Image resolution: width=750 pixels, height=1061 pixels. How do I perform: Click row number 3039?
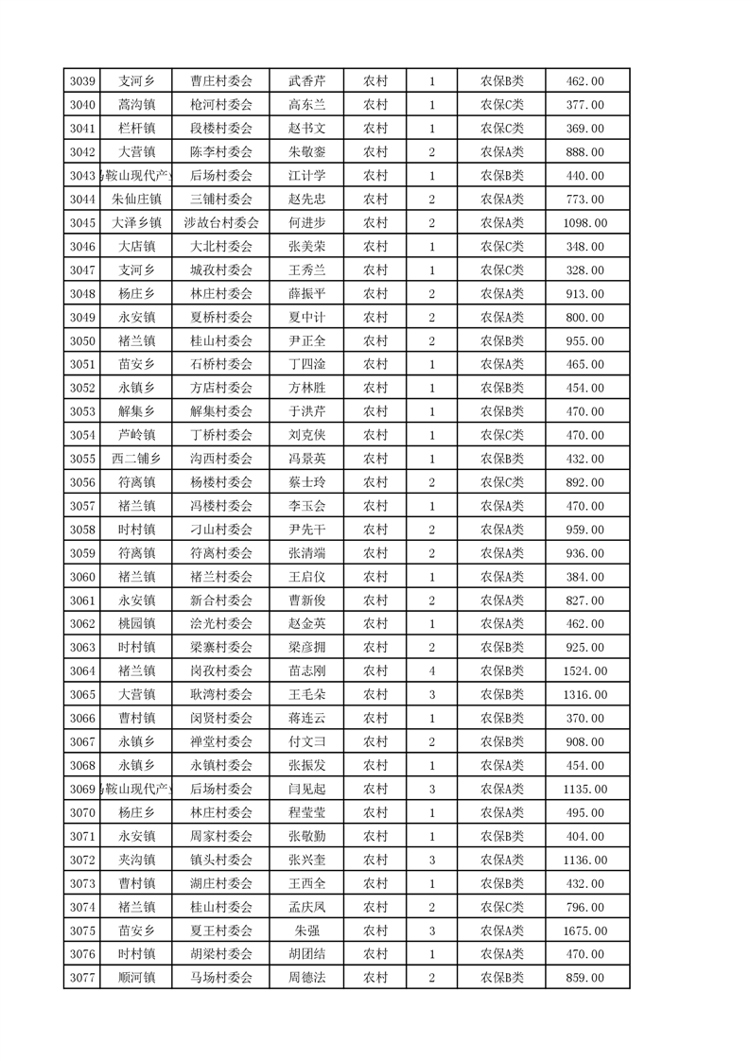[83, 81]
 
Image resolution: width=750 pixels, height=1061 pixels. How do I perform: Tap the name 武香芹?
[306, 81]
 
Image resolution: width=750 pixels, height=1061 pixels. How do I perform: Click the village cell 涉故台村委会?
[221, 223]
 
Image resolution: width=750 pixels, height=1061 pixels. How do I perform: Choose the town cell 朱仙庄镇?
[136, 200]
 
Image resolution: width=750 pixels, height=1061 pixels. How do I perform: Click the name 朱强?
[306, 931]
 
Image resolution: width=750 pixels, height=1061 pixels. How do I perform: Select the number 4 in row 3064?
[431, 671]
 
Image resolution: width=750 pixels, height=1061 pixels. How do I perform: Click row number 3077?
[83, 979]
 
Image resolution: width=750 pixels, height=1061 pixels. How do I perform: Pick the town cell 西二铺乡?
[136, 459]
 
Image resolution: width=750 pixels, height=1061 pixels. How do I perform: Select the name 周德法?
[306, 979]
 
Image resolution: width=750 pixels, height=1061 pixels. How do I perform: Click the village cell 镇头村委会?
[221, 861]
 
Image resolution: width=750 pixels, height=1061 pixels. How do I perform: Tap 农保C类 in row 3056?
[502, 482]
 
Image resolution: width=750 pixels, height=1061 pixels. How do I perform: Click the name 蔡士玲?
[306, 482]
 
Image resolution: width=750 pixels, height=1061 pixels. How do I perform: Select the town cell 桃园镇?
[136, 624]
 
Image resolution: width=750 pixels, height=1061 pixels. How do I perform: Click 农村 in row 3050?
[375, 341]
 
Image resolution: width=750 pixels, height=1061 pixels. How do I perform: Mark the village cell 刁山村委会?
[221, 530]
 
